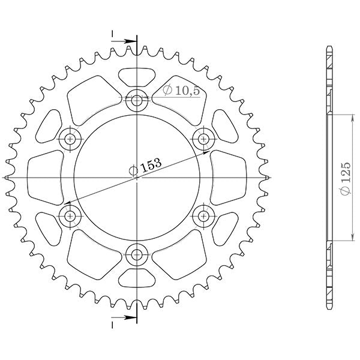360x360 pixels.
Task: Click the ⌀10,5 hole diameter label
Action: (x=181, y=91)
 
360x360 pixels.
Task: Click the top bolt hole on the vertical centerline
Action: (x=137, y=101)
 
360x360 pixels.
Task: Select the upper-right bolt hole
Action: (x=204, y=139)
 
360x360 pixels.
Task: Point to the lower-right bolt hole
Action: (x=204, y=215)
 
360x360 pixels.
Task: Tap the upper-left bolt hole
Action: (x=71, y=139)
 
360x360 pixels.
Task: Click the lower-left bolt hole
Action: (x=71, y=215)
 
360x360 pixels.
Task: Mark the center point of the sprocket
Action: (x=137, y=178)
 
